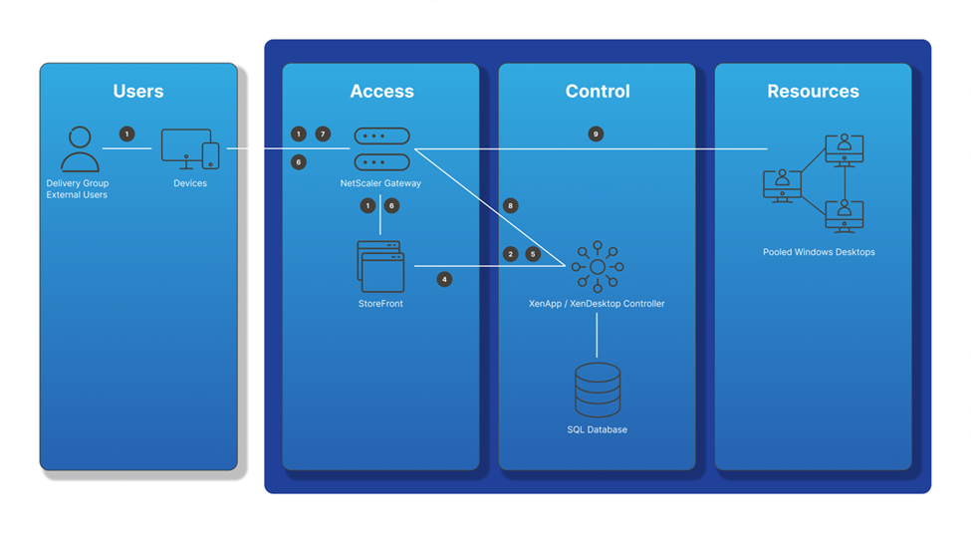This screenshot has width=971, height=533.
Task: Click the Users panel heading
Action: click(x=138, y=91)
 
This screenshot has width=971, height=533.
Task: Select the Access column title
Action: click(x=381, y=91)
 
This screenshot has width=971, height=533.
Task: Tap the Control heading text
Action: click(x=598, y=91)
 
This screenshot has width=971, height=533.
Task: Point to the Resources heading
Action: click(x=813, y=91)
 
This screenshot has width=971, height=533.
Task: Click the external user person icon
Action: click(x=80, y=149)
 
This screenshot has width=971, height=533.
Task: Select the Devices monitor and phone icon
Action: click(x=190, y=148)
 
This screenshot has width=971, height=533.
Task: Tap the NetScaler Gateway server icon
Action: click(x=381, y=148)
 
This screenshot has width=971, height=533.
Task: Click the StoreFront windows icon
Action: click(x=380, y=267)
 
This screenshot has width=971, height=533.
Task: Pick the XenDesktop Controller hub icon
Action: click(x=598, y=267)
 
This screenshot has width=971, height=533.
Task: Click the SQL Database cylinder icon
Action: click(x=598, y=390)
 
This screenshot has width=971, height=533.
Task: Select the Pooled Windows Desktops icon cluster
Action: click(x=813, y=183)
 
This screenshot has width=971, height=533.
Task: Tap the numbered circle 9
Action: click(x=596, y=133)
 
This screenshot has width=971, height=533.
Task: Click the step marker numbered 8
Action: click(x=510, y=206)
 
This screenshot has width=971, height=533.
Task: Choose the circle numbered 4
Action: click(x=444, y=280)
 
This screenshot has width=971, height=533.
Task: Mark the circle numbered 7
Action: click(x=323, y=133)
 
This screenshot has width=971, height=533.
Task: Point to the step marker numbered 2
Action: click(x=510, y=254)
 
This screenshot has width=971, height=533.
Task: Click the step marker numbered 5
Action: click(x=533, y=254)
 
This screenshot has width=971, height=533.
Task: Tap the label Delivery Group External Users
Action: click(x=78, y=189)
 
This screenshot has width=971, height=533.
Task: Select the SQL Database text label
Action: click(x=597, y=429)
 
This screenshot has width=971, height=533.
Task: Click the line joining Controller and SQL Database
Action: click(x=597, y=336)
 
